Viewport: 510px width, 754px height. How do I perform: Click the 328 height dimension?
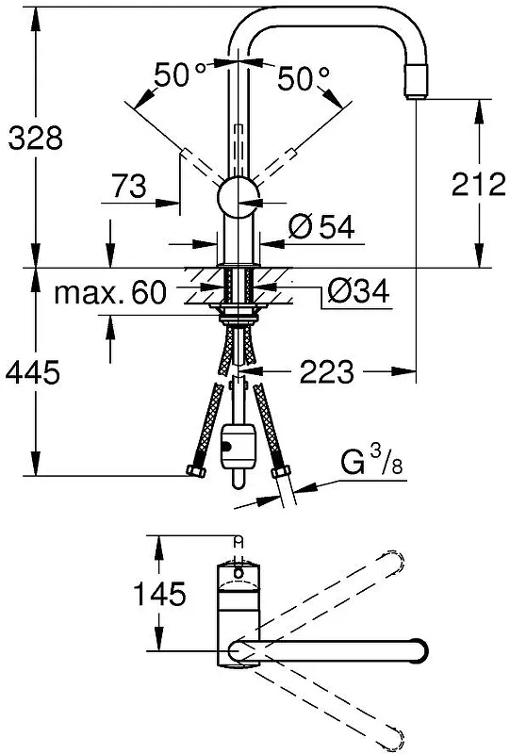[36, 138]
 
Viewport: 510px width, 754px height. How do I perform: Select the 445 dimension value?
[33, 371]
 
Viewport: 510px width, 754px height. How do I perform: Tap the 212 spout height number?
[479, 184]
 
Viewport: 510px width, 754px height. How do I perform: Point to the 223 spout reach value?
[327, 371]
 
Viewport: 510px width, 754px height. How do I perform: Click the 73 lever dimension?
[129, 186]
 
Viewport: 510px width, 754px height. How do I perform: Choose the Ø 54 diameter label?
[321, 226]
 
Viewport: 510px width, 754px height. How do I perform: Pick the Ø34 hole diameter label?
[358, 291]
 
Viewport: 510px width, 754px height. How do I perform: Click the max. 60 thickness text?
[110, 292]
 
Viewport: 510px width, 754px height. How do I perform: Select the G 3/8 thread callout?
[371, 461]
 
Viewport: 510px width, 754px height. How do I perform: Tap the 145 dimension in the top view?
[159, 594]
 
